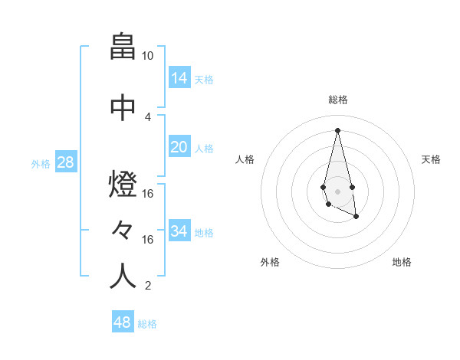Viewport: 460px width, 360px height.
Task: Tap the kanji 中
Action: (x=123, y=108)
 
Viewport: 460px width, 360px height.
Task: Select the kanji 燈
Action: (x=123, y=185)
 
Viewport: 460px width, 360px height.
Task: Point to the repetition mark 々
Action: (x=123, y=230)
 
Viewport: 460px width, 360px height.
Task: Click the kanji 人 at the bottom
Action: (x=123, y=277)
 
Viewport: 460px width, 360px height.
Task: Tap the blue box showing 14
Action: (x=179, y=77)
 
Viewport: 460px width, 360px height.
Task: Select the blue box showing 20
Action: (x=179, y=147)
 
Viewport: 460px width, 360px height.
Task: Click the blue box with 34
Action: (x=179, y=231)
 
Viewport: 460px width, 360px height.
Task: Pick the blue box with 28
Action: (x=66, y=162)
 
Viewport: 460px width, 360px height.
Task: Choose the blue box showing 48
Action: (x=123, y=322)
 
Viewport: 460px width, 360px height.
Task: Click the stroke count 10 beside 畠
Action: (x=148, y=56)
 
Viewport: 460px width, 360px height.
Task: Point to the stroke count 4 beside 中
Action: (x=148, y=117)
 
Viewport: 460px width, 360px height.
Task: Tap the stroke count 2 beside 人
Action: (x=148, y=286)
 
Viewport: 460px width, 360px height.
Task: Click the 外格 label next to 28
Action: (x=40, y=163)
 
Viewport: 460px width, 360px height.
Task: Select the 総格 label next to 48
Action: (x=147, y=324)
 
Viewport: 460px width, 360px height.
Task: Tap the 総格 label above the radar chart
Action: (x=338, y=100)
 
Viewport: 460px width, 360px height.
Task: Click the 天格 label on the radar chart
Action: (x=431, y=159)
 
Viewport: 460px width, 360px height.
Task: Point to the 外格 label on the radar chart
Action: (x=270, y=262)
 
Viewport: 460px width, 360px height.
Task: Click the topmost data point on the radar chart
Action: (x=337, y=129)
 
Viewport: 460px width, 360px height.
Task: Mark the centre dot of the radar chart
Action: (x=337, y=190)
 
